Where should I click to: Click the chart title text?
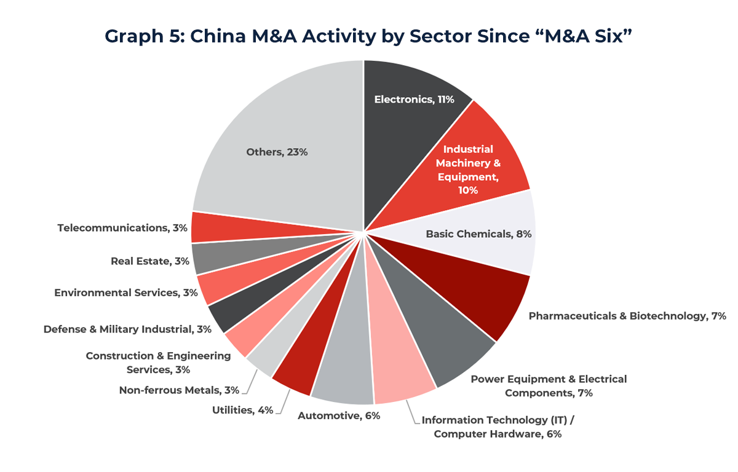coord(368,36)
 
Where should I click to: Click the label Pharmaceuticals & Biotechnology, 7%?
coord(627,316)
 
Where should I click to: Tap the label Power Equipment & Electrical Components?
coord(549,386)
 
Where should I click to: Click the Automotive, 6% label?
coord(339,415)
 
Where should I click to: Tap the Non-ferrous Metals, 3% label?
coord(179,390)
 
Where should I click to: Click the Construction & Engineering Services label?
coord(158,363)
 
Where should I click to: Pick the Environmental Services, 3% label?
coord(125,293)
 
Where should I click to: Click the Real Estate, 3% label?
coord(149,261)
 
